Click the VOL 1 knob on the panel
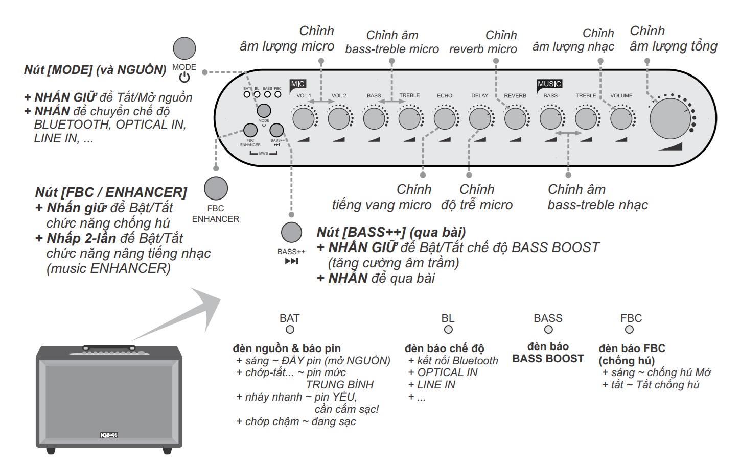click(303, 118)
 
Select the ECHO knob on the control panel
click(444, 118)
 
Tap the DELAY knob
click(479, 118)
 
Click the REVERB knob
click(515, 118)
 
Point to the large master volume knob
click(670, 118)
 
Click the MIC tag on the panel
click(297, 84)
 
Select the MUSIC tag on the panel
click(549, 84)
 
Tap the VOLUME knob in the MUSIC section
click(621, 118)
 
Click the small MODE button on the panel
click(264, 111)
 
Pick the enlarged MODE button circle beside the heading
click(184, 48)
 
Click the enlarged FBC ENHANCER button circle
click(216, 188)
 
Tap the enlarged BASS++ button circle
click(291, 233)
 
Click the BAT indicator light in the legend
click(290, 330)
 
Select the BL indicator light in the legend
click(448, 330)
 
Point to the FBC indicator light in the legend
click(630, 330)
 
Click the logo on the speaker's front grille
click(109, 435)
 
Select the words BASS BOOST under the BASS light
click(548, 359)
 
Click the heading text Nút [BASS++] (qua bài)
click(391, 232)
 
